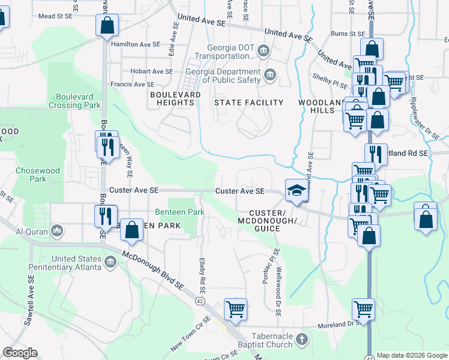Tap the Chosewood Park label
[38, 175]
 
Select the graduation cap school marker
[296, 190]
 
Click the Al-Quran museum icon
[57, 231]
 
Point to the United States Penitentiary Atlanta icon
[110, 262]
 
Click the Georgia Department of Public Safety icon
[270, 76]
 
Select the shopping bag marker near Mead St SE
[106, 25]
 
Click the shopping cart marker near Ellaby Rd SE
[235, 309]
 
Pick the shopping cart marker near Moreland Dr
[363, 308]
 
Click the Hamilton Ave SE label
[136, 44]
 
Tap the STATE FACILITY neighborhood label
[249, 103]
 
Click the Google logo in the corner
[20, 353]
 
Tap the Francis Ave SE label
[132, 85]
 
